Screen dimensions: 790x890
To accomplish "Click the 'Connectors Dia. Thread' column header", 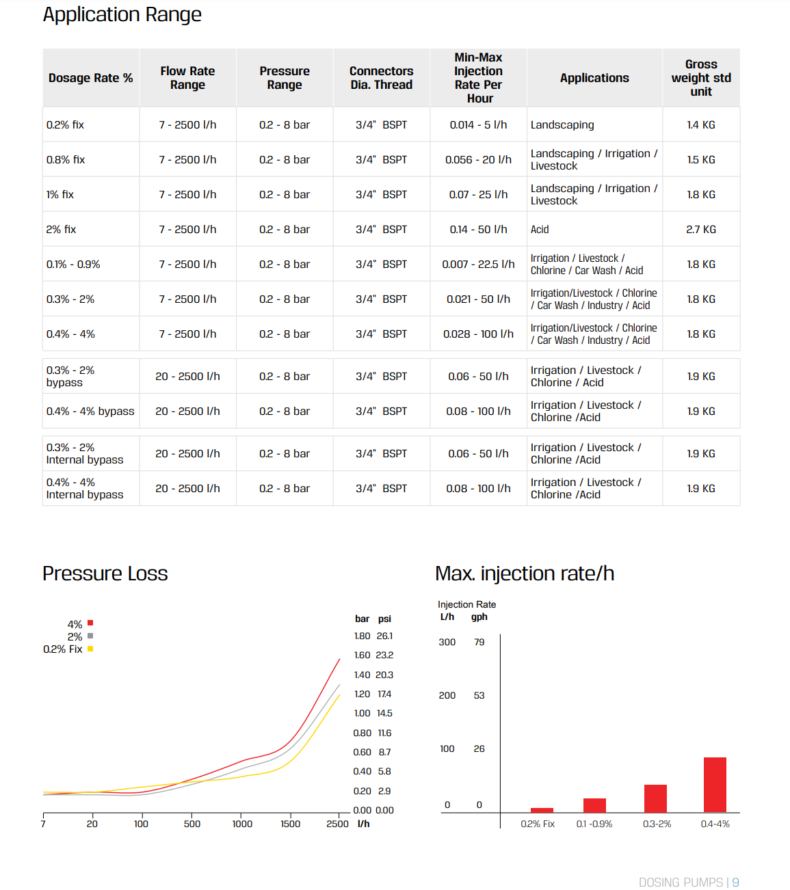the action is click(381, 78).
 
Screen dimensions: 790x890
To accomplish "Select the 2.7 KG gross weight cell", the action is click(701, 229).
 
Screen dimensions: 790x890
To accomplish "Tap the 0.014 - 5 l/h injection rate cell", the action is click(478, 125).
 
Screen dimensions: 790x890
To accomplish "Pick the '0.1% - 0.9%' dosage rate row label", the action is click(73, 265).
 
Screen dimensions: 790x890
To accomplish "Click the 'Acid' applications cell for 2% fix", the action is click(540, 229).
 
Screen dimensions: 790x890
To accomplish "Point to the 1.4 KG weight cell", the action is click(701, 125).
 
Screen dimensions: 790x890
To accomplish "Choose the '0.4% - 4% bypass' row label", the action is click(90, 412).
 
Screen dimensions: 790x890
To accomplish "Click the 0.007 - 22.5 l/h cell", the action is click(478, 265).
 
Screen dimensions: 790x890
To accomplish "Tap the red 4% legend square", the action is click(90, 623).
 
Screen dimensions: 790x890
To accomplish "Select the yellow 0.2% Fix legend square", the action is click(90, 649).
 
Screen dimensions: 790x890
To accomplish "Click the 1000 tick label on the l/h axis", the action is click(242, 824).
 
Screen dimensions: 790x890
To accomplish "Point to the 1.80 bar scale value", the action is click(362, 636).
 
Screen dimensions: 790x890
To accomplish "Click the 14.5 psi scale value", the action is click(384, 713).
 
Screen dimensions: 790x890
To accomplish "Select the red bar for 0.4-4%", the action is click(715, 785).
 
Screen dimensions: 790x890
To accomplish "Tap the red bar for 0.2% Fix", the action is click(542, 810).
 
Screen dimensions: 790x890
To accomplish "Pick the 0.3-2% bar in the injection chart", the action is click(655, 798).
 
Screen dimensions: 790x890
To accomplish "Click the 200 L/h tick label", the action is click(447, 695).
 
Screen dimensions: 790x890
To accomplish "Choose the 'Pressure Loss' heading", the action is click(105, 574).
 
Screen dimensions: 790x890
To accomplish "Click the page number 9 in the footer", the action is click(735, 882).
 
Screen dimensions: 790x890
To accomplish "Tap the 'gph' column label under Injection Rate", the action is click(479, 617).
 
